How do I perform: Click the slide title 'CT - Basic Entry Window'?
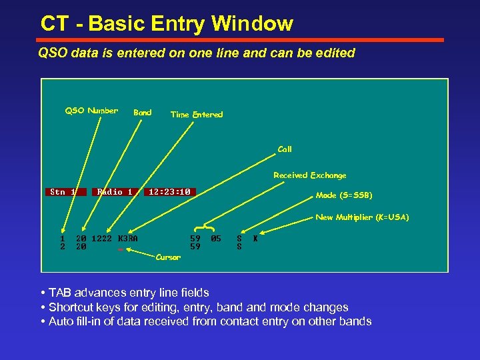[167, 24]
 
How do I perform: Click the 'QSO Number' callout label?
[91, 111]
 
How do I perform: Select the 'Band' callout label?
[143, 113]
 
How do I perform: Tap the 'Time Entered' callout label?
[197, 115]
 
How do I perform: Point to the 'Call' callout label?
[285, 149]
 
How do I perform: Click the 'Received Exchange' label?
[310, 175]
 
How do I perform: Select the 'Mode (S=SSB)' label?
[344, 195]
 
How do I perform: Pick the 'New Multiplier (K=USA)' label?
[362, 217]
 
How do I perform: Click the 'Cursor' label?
[168, 257]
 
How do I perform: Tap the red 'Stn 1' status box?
[65, 192]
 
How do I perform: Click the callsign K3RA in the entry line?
[127, 238]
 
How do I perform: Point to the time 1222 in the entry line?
[101, 238]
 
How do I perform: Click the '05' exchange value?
[215, 238]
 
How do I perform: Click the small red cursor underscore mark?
[121, 250]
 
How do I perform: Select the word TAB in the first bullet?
[61, 293]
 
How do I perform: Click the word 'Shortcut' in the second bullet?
[71, 307]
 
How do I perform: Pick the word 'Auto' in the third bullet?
[61, 321]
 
